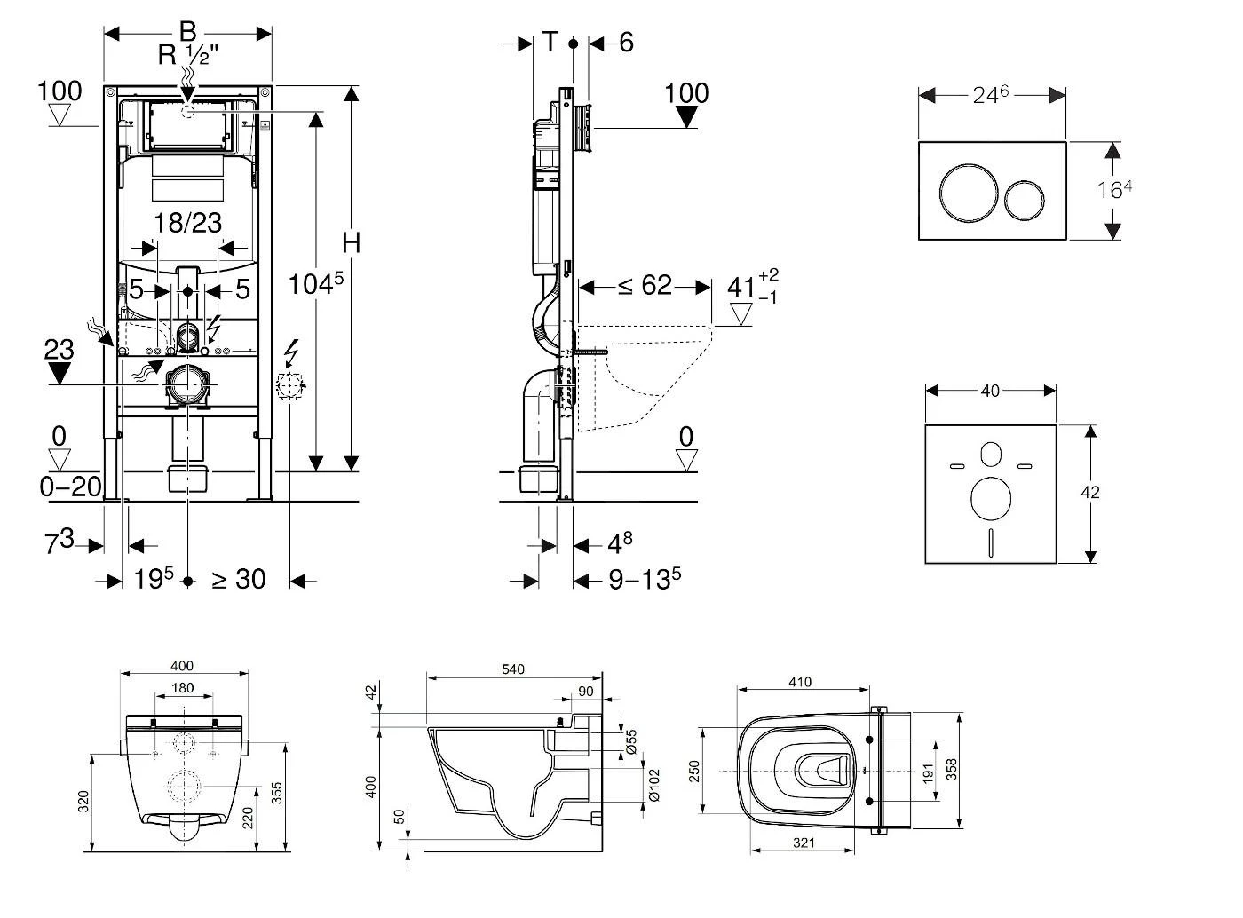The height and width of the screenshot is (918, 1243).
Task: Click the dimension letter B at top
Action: coord(187,31)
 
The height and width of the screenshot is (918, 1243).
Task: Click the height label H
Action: coord(352,242)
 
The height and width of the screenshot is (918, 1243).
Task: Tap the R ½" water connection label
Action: coord(188,55)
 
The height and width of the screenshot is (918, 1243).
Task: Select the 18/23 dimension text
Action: coord(187,222)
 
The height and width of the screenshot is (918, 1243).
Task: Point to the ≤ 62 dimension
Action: coord(645,286)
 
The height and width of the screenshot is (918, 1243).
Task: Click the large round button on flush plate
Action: coord(964,190)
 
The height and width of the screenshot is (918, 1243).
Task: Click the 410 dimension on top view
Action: coord(799,682)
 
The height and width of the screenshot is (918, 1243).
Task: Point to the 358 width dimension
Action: coord(952,769)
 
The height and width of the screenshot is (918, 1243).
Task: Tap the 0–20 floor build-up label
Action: coord(71,487)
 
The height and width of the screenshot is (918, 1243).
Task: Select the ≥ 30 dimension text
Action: coord(238,579)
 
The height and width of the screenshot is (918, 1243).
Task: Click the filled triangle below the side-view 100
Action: coord(686,117)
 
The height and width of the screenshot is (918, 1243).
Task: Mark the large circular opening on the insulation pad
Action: coord(991,499)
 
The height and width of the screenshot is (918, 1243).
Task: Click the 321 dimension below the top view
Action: coord(803,843)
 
